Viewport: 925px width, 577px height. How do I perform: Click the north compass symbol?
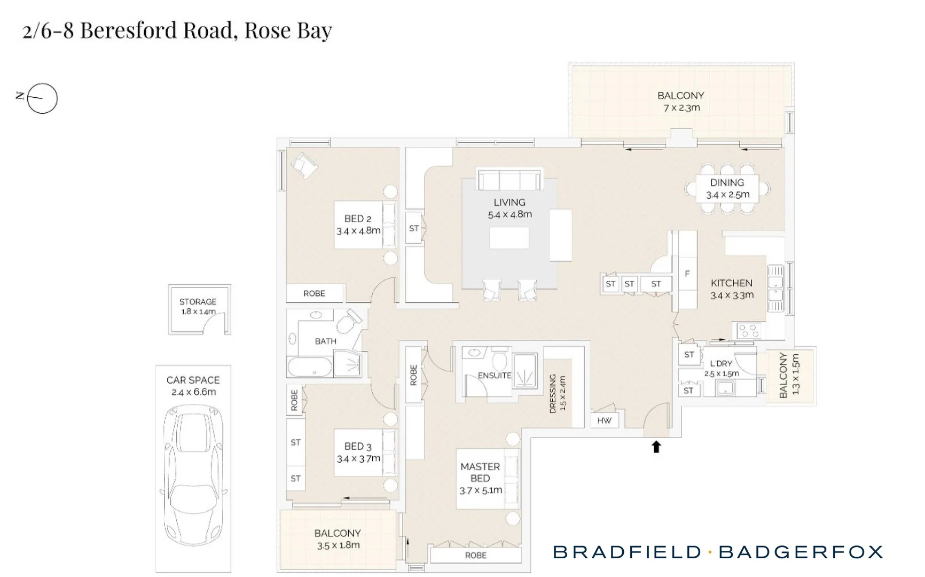coord(42,98)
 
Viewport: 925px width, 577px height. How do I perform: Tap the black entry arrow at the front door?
coord(656,447)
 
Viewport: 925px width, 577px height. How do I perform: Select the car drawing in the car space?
coord(193,474)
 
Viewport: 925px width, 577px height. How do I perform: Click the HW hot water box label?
coord(605,420)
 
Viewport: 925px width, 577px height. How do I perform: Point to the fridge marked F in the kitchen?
coord(687,274)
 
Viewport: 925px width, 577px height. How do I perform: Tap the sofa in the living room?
coord(509,180)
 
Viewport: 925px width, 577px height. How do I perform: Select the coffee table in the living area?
coord(509,238)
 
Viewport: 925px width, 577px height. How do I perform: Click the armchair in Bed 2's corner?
coord(304,166)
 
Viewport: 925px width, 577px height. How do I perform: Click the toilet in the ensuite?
coord(500,359)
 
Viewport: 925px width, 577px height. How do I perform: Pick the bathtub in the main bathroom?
coord(310,367)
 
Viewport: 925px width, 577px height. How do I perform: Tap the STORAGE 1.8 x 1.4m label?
coord(198,306)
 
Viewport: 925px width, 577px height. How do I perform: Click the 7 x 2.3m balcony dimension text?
coord(681,108)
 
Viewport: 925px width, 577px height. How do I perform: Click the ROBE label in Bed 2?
coord(314,293)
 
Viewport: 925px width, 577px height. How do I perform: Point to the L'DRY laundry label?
coord(722,363)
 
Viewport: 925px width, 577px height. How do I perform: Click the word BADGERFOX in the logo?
coord(801,552)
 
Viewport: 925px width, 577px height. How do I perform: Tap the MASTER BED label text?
coord(480,472)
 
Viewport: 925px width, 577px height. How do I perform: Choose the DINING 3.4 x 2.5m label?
coord(727,189)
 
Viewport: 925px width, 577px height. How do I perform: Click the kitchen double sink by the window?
coord(775,288)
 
